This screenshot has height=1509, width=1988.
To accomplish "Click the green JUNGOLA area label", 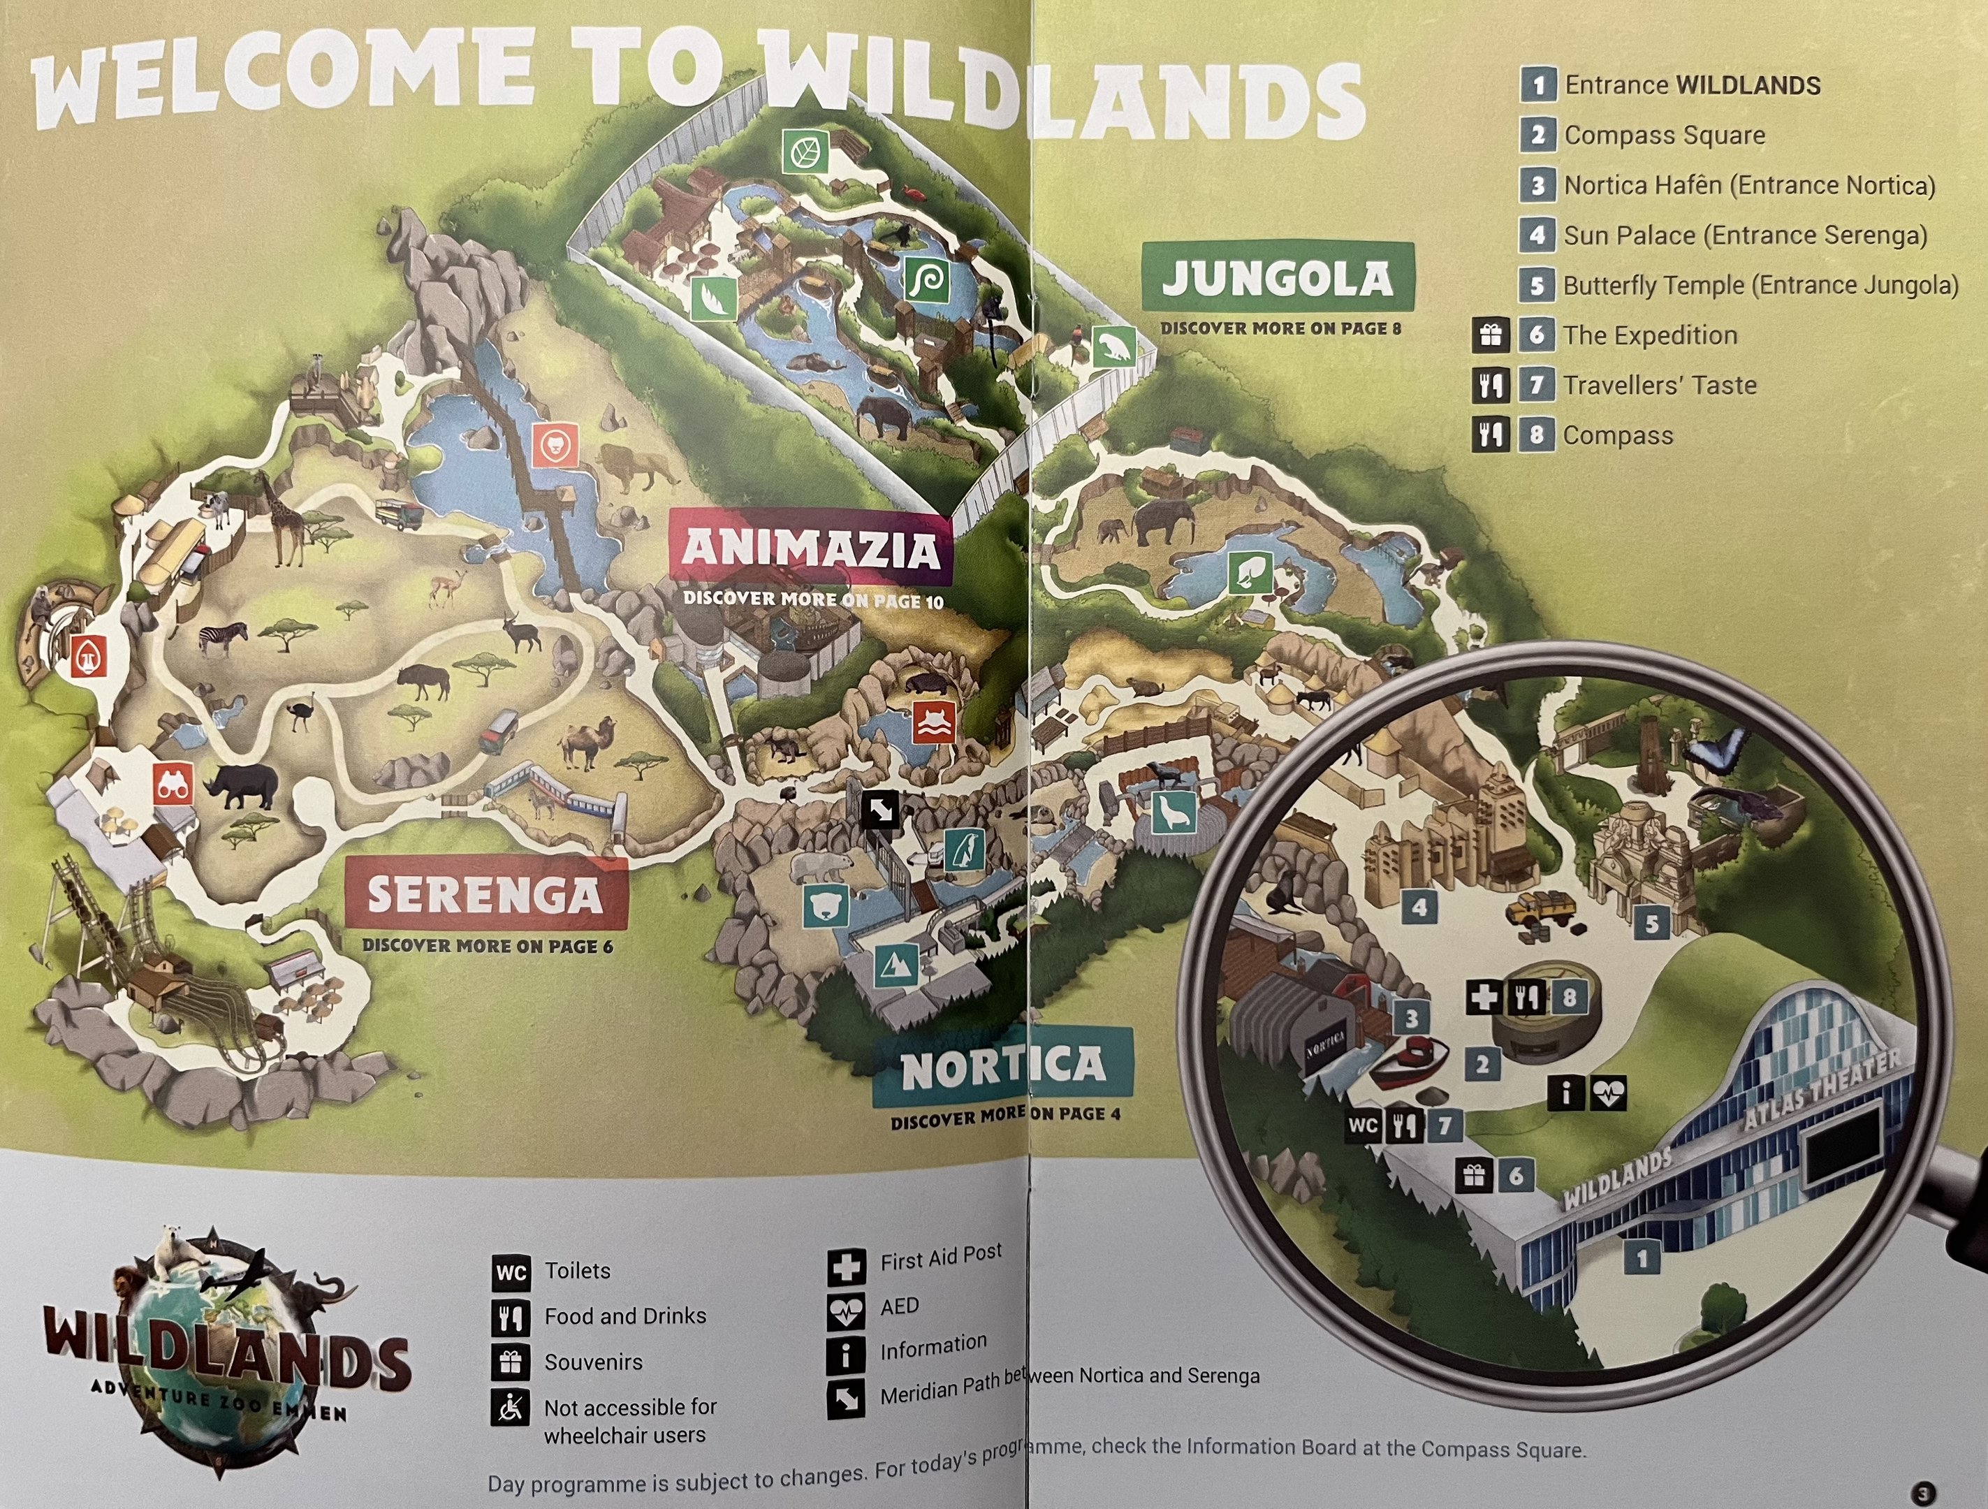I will (1277, 278).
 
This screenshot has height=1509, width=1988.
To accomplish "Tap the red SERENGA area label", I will (485, 894).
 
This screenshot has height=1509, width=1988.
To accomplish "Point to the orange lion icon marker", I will (555, 444).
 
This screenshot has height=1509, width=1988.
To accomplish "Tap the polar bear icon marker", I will (825, 906).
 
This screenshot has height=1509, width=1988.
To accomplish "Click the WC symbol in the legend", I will (511, 1273).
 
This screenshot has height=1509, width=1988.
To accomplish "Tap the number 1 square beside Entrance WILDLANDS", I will (1537, 85).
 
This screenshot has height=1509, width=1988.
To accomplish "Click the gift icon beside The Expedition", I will (1490, 335).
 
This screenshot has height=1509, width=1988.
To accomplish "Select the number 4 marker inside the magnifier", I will (1420, 907).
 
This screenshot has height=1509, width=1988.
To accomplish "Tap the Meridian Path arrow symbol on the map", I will (880, 810).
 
